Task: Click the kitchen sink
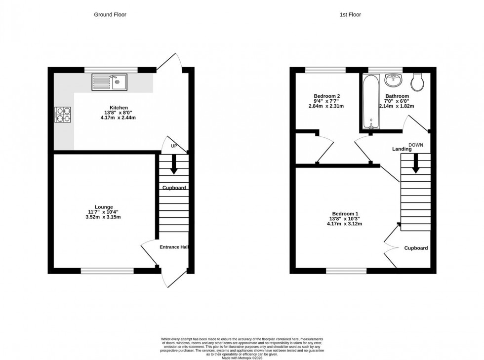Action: tap(109, 82)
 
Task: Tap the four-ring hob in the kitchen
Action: tap(63, 115)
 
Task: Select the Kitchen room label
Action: tap(119, 108)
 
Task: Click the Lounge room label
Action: tap(104, 207)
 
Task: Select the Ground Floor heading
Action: tap(110, 15)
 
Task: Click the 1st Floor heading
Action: tap(350, 15)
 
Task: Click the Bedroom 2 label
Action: tap(326, 96)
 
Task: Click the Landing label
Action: tap(402, 149)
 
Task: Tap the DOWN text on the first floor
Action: tap(416, 145)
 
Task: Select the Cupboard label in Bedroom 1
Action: tap(416, 248)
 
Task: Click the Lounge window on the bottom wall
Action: tap(107, 270)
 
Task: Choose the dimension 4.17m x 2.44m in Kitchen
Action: tap(119, 118)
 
